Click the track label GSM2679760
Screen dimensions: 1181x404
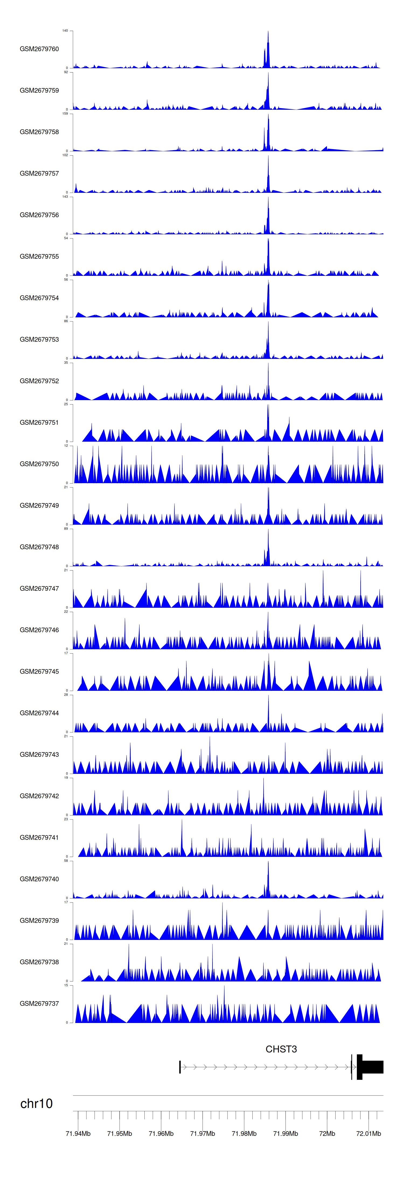39,49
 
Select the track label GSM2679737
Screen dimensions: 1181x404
39,1004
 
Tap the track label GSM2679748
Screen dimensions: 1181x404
39,547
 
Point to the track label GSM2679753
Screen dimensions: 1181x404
39,339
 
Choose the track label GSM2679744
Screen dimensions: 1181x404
39,713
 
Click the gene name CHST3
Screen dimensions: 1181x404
281,1049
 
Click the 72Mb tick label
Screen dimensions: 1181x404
327,1133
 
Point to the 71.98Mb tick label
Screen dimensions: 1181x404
244,1133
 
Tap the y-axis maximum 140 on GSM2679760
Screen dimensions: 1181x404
65,31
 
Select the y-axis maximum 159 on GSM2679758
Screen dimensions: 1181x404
65,114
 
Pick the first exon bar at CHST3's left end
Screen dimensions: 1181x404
180,1067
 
